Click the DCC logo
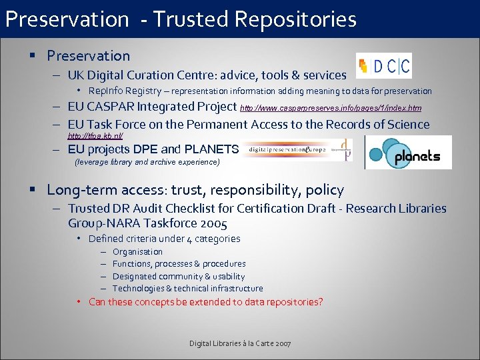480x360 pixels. coord(384,65)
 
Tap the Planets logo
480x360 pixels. coord(408,153)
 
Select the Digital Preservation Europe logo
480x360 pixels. coord(297,150)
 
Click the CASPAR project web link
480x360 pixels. coord(331,107)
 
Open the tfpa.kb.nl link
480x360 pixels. coord(95,135)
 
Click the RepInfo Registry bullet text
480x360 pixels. coord(260,91)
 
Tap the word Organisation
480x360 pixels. coord(137,252)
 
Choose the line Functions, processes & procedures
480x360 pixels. coord(179,264)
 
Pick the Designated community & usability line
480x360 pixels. coord(179,276)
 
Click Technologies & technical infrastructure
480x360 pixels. coord(187,289)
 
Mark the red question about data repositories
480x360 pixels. coord(205,302)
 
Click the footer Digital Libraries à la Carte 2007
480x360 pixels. coord(240,343)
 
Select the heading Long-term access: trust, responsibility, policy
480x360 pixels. coord(195,190)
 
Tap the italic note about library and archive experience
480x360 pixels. coord(147,162)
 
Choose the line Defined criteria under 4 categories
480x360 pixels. coord(164,239)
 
